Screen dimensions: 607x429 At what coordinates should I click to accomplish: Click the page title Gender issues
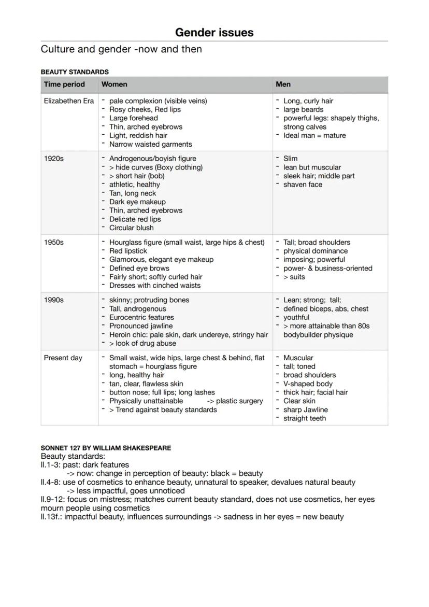tap(214, 32)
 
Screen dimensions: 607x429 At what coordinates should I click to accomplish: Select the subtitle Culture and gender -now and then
tap(121, 49)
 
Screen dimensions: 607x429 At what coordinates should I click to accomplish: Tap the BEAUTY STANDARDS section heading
tap(75, 72)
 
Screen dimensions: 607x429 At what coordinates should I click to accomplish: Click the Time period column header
tap(64, 84)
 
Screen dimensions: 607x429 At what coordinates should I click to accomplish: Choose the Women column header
tap(114, 84)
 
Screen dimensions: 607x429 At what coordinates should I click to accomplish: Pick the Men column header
tap(283, 84)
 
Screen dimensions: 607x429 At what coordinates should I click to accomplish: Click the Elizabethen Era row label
tap(69, 101)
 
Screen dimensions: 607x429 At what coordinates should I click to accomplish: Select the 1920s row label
tap(54, 159)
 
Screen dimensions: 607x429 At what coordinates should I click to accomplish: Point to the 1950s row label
tap(54, 243)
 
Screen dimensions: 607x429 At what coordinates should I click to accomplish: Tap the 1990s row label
tap(54, 300)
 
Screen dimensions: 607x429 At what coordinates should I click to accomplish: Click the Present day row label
tap(63, 358)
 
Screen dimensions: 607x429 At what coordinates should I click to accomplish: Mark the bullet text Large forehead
tap(133, 118)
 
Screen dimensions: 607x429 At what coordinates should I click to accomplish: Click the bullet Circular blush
tap(131, 228)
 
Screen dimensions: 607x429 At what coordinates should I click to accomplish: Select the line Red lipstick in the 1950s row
tap(128, 251)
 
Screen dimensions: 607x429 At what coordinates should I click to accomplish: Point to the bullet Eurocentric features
tap(141, 317)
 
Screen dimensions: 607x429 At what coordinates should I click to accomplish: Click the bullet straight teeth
tap(305, 418)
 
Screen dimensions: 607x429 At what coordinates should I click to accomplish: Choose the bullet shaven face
tap(303, 185)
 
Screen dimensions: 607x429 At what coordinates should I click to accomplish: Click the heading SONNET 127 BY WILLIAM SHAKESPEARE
tap(106, 448)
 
